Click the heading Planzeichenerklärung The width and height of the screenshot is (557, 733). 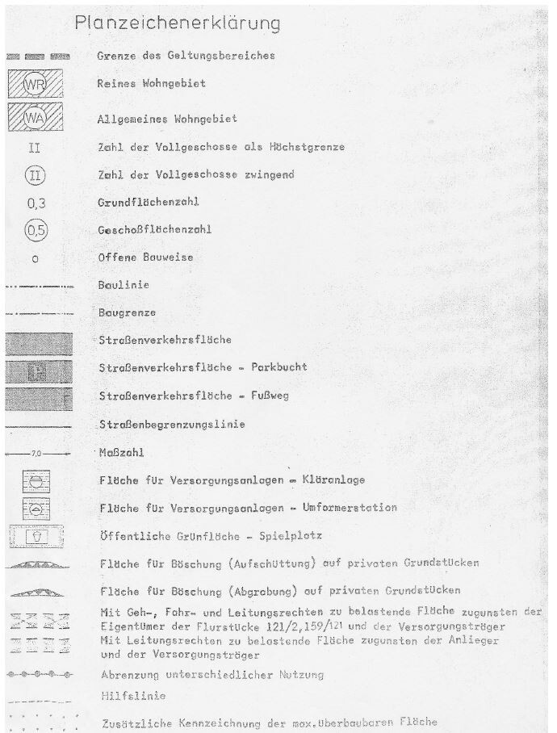pyautogui.click(x=178, y=23)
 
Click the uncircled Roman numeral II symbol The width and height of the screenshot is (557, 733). pyautogui.click(x=36, y=148)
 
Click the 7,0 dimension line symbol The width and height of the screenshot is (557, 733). pyautogui.click(x=38, y=454)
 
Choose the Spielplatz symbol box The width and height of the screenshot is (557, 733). pyautogui.click(x=39, y=536)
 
